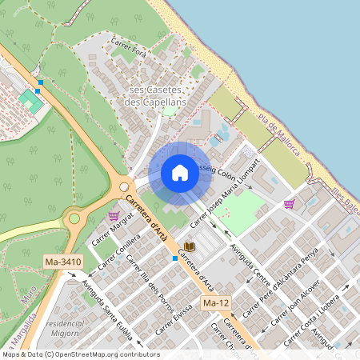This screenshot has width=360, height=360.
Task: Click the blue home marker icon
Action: point(180,173)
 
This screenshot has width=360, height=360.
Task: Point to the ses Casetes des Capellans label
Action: point(157,96)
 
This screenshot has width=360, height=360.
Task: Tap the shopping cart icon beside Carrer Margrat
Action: point(114,215)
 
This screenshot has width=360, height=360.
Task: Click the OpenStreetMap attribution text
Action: point(81,354)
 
